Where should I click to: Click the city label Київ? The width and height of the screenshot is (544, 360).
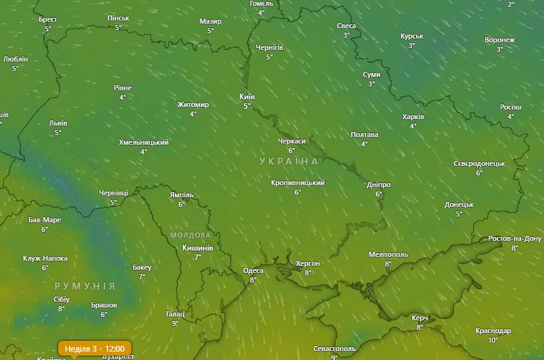tap(247, 97)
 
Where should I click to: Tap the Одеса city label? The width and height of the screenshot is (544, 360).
tap(253, 270)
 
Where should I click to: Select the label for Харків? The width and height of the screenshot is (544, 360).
tap(413, 117)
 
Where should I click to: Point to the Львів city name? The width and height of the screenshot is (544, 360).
tap(58, 124)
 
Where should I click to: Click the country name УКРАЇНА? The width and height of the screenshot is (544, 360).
tap(289, 161)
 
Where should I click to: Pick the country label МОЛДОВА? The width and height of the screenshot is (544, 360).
tap(190, 235)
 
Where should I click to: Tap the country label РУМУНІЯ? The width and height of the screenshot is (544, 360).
tap(85, 286)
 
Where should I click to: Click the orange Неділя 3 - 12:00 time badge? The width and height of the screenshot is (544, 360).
tap(94, 348)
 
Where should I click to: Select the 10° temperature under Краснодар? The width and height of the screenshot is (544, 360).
tap(493, 340)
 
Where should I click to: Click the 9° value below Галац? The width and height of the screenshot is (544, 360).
tap(175, 323)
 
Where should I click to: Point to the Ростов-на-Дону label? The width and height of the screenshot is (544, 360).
tap(515, 239)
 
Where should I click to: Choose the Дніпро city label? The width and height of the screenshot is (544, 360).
tap(378, 185)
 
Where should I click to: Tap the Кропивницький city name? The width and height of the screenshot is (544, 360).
tap(298, 183)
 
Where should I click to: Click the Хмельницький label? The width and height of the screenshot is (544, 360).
tap(143, 142)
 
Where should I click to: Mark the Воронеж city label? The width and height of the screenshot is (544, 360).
tap(499, 40)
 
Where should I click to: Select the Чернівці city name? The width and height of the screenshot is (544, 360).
tap(113, 193)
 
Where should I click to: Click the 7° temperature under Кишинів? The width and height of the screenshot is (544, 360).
tap(197, 257)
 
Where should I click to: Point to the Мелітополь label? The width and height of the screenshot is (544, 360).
tap(388, 254)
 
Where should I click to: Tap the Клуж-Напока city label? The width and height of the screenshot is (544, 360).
tap(45, 259)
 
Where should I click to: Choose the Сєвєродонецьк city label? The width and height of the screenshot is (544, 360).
tap(479, 164)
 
